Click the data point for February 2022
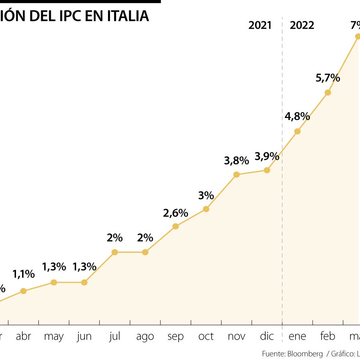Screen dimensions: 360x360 coord(328,92)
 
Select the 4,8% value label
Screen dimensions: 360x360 coord(297,116)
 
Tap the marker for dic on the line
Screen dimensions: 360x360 coord(267,170)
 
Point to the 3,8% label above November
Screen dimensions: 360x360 coord(236,161)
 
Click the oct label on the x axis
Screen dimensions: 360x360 coord(206,336)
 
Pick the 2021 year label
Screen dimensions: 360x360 coord(260,25)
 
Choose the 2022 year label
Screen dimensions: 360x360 coord(302,25)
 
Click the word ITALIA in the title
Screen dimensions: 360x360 coord(128,16)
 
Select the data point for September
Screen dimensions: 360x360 coord(175,226)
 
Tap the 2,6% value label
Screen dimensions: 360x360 coord(175,213)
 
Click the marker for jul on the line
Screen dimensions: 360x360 coord(114,252)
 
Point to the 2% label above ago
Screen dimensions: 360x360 coord(145,238)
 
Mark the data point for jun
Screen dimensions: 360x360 coord(84,282)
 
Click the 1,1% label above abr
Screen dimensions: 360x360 coord(23,274)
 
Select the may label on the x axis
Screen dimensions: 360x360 coord(54,336)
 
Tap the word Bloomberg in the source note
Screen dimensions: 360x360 coord(305,354)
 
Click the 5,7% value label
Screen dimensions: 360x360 coord(328,78)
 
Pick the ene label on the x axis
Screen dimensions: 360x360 coord(297,336)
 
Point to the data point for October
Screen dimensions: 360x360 coord(206,209)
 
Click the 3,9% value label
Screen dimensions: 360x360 coord(267,156)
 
